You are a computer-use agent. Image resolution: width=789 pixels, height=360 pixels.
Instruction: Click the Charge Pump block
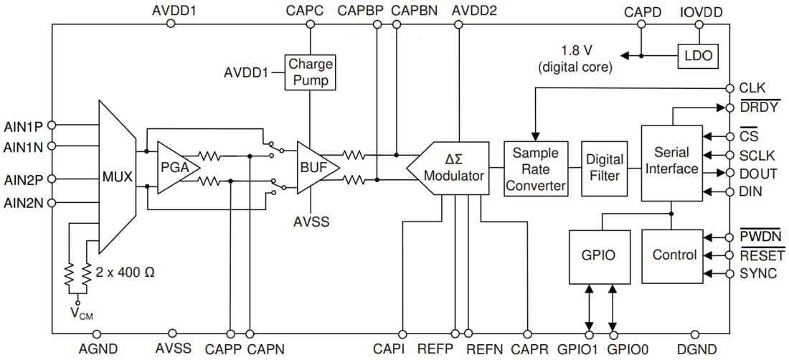tap(310, 72)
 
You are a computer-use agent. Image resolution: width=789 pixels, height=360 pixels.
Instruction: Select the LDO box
tap(698, 56)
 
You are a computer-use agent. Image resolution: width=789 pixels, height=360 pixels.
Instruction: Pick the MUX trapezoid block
tap(116, 176)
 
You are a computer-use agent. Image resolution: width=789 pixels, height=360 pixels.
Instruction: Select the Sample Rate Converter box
tap(535, 168)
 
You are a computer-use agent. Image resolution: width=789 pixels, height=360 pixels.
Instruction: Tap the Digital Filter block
tap(604, 168)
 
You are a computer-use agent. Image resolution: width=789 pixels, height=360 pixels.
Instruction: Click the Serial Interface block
tap(671, 162)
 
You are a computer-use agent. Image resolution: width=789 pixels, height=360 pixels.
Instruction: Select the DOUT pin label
tap(757, 174)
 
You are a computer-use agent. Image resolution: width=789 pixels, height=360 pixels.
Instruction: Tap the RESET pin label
tap(761, 255)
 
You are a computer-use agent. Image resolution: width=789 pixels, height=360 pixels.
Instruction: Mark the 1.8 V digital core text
tap(575, 60)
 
